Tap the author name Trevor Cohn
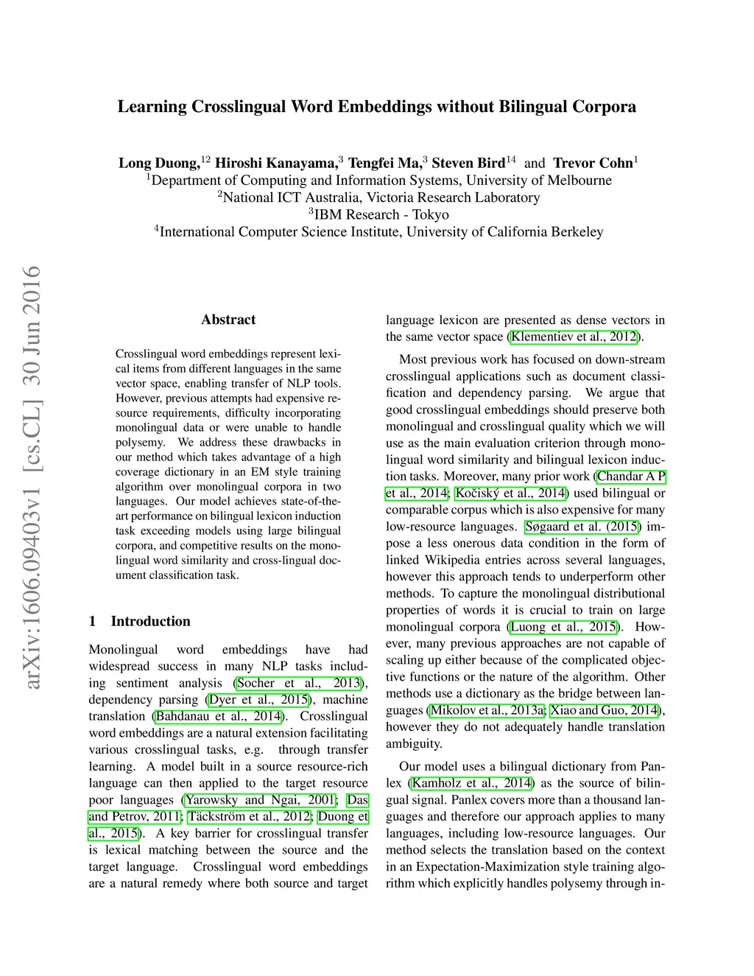point(593,163)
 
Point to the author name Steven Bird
point(468,163)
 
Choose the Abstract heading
point(228,320)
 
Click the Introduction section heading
point(150,621)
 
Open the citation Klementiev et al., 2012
point(574,337)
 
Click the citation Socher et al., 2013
point(299,683)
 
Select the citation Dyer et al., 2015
point(258,699)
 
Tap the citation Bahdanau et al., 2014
point(219,716)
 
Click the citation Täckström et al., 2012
point(250,816)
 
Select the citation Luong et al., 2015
point(563,627)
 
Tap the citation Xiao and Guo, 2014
point(604,710)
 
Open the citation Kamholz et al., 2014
point(471,783)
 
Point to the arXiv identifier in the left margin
point(32,479)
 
